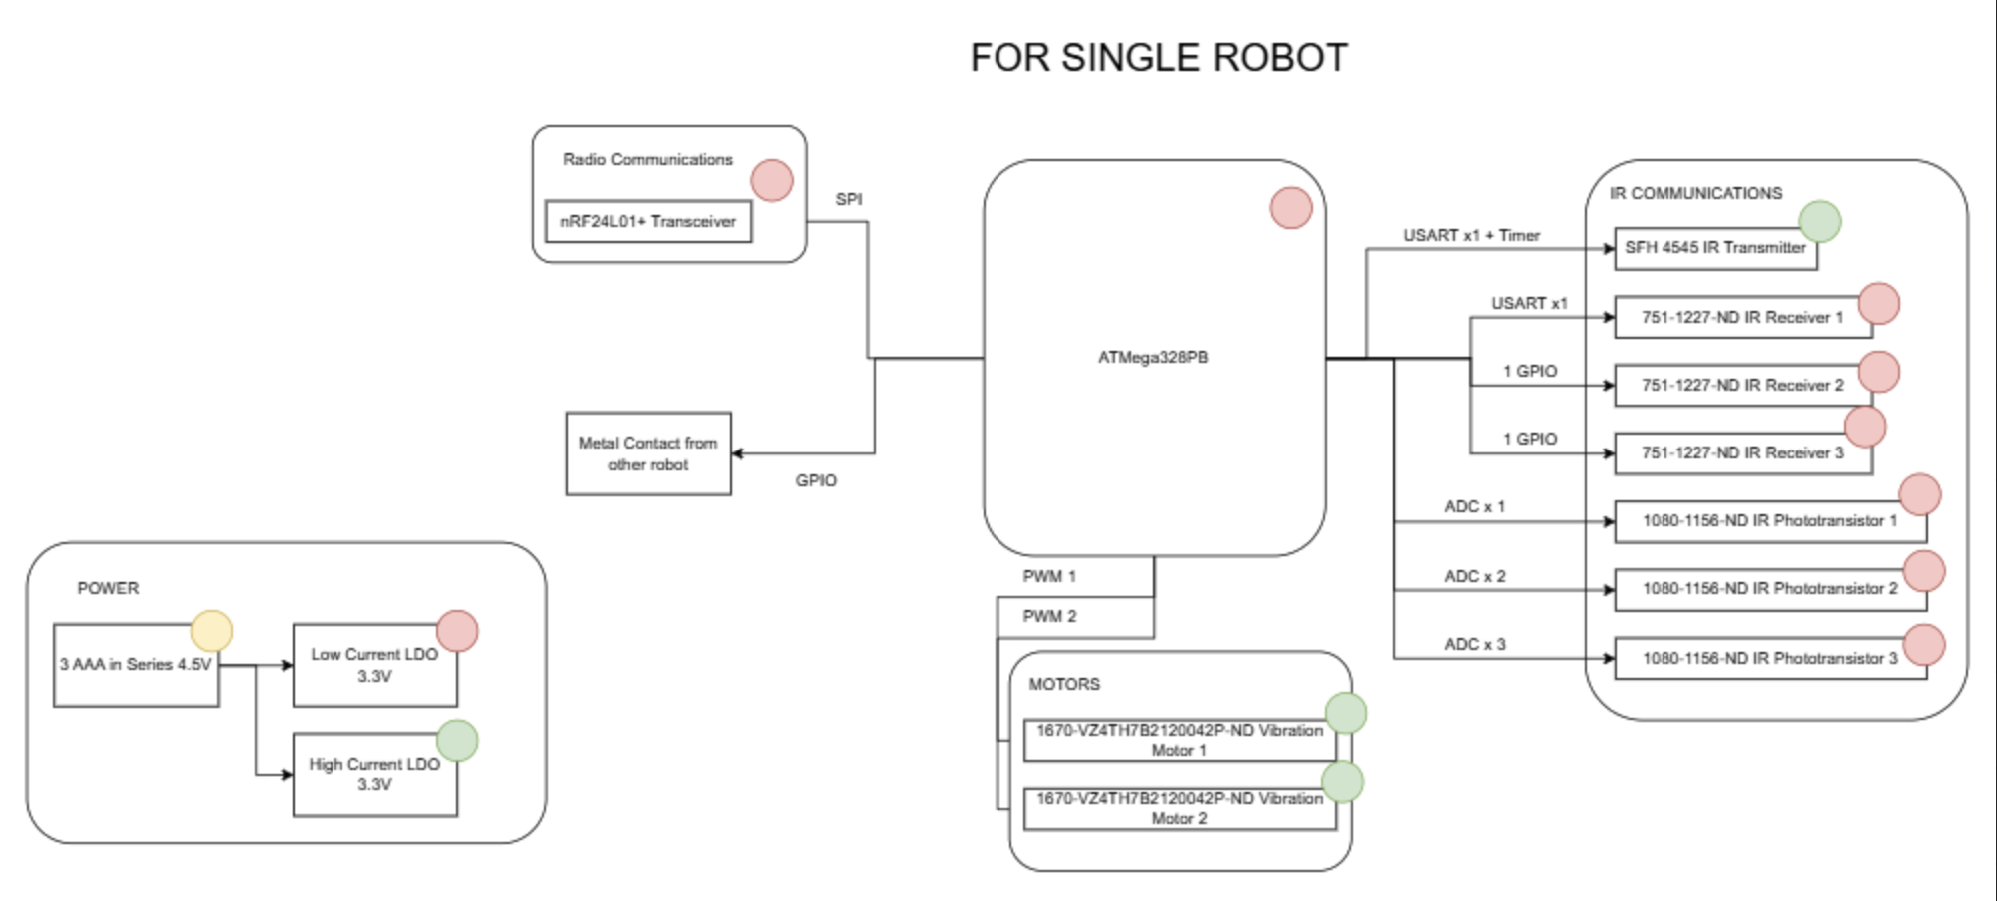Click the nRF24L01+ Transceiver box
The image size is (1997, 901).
[648, 222]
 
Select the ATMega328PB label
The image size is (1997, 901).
[1153, 357]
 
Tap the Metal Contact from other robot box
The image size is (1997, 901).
[648, 453]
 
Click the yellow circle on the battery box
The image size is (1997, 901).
[212, 631]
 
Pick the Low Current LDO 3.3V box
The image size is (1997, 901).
[374, 666]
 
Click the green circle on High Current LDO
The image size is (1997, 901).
[457, 741]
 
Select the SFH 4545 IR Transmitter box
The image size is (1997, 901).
[1714, 248]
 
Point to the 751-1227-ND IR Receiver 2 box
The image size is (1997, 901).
[1742, 386]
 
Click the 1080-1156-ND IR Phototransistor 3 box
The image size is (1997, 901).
[1769, 659]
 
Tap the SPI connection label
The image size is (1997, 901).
[849, 199]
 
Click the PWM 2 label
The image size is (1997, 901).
[1049, 616]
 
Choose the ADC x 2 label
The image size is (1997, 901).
[1474, 576]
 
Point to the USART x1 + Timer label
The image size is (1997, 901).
[1471, 235]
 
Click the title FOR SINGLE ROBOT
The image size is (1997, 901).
[1158, 58]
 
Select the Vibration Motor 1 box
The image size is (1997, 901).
[1179, 740]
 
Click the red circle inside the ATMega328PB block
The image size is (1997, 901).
[1291, 208]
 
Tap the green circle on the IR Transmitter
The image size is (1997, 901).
[1819, 221]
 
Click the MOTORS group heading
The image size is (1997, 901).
[1064, 684]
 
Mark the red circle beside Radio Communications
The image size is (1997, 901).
[772, 180]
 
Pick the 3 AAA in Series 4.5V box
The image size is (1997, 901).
[135, 665]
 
